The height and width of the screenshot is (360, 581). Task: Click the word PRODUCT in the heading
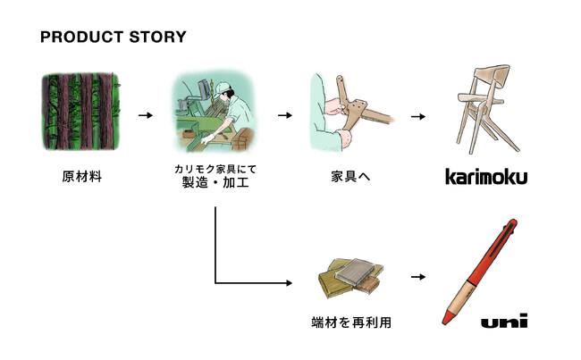(x=82, y=37)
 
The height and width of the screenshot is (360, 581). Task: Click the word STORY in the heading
(x=158, y=37)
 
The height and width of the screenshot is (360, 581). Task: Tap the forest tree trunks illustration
(x=80, y=112)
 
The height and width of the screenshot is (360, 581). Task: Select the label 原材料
(x=82, y=177)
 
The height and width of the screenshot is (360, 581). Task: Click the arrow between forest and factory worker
(x=146, y=115)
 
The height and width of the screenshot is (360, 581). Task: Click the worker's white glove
(x=207, y=138)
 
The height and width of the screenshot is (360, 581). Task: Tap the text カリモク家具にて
(x=215, y=169)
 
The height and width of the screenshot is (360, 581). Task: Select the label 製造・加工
(x=215, y=182)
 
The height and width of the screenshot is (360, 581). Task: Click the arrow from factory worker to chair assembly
(x=285, y=115)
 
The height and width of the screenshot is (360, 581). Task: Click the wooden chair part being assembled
(x=361, y=105)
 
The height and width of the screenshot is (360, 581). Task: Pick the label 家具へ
(x=350, y=177)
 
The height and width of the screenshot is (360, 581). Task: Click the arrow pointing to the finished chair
(x=418, y=117)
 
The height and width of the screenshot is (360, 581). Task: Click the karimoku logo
(x=486, y=176)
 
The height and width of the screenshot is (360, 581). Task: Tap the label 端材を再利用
(x=351, y=322)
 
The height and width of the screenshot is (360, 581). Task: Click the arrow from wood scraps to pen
(x=418, y=277)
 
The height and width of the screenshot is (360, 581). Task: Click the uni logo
(x=504, y=321)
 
